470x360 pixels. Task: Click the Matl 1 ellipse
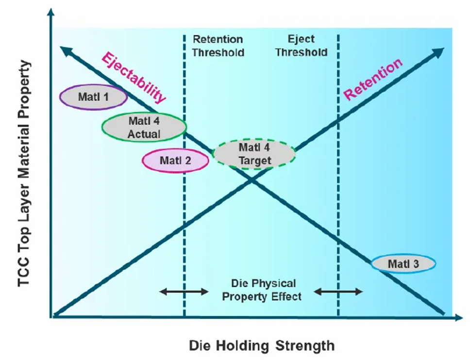click(x=93, y=97)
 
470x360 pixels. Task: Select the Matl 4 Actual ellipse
click(x=144, y=127)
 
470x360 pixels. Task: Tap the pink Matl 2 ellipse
click(x=174, y=160)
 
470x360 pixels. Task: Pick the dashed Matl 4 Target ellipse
click(x=254, y=154)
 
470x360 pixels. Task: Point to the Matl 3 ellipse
click(x=403, y=264)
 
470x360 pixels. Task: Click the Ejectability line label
click(x=133, y=77)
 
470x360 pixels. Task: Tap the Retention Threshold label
click(x=218, y=45)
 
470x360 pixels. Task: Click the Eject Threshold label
click(x=301, y=45)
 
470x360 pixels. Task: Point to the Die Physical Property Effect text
click(x=262, y=290)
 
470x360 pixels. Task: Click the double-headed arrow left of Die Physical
click(x=184, y=292)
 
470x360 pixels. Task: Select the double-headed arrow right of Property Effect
click(x=338, y=292)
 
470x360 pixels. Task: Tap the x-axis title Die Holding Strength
click(x=261, y=345)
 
